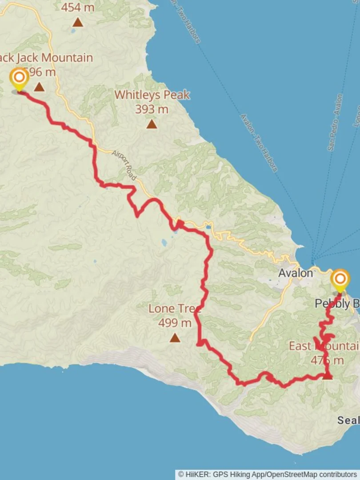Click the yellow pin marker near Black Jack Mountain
coord(19,79)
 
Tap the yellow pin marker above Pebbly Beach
coord(340,280)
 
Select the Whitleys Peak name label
coord(152,95)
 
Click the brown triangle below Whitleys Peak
coord(152,124)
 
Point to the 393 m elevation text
coord(152,109)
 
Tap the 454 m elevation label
coord(77,8)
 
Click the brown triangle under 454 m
coord(78,22)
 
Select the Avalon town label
coord(296,273)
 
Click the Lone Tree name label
coord(174,308)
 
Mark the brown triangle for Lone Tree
coord(175,338)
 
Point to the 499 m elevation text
coord(175,323)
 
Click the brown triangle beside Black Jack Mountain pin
coord(39,87)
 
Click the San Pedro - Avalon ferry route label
coord(336,122)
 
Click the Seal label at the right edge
coord(348,420)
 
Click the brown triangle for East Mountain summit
coord(328,377)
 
